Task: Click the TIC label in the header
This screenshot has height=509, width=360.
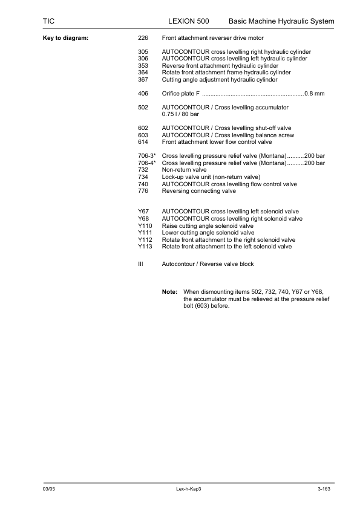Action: pos(49,21)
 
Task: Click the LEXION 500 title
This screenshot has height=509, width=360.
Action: pos(188,21)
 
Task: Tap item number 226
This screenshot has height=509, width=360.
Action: pos(143,38)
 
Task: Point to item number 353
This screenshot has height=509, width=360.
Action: pos(143,65)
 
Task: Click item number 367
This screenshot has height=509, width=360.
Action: pos(143,79)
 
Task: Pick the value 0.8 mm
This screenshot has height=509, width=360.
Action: pos(315,93)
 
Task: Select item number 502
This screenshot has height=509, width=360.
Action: pos(143,107)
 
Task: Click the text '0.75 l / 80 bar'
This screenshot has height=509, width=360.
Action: pos(180,114)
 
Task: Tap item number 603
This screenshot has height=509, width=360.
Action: pos(143,135)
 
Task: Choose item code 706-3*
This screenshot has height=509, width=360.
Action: pos(147,156)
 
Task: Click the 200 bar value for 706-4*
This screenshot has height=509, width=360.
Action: pos(315,163)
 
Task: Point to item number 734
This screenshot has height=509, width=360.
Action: pos(143,177)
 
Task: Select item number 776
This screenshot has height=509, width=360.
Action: pos(143,190)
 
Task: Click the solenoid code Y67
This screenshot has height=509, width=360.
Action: pos(144,212)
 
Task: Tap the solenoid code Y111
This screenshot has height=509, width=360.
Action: pos(145,232)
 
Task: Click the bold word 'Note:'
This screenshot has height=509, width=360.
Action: pos(169,291)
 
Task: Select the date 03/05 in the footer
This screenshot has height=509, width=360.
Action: pos(49,488)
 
